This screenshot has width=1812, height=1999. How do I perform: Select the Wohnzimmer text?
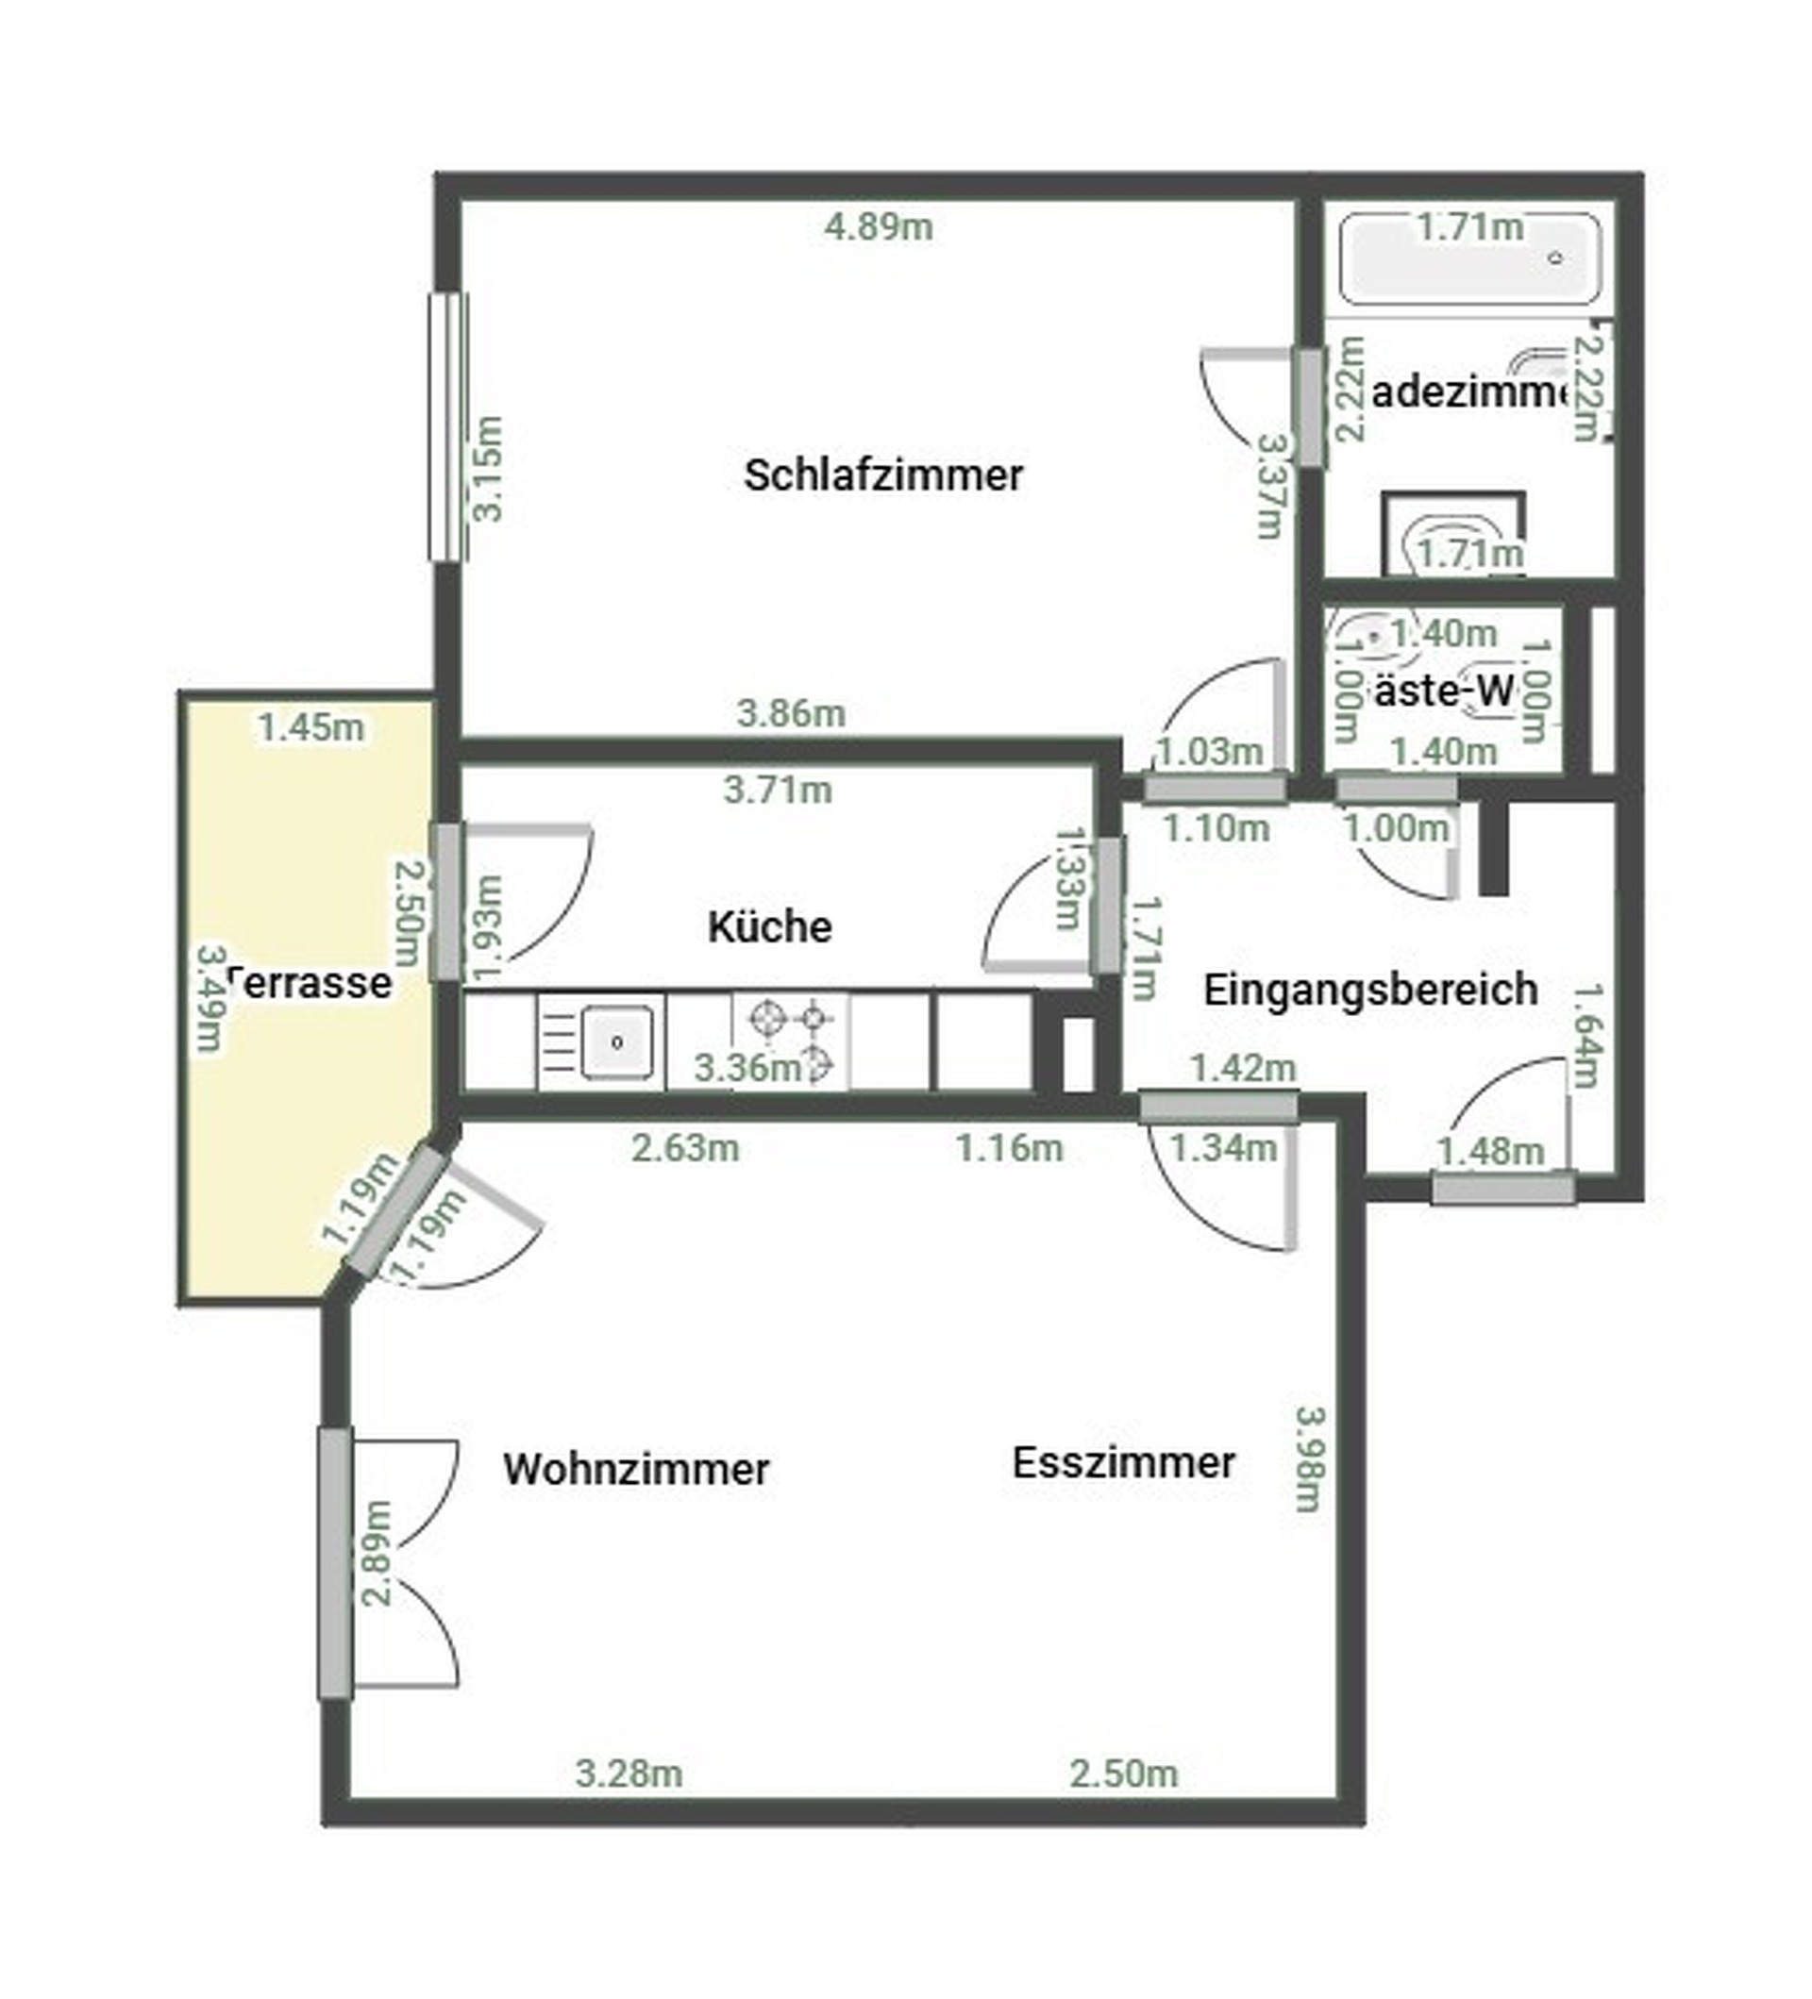tap(635, 1469)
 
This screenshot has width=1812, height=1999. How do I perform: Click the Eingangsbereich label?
tap(1369, 989)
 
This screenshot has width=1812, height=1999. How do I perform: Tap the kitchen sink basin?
tap(617, 1041)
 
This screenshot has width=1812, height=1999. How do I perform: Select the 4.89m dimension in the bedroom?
tap(878, 227)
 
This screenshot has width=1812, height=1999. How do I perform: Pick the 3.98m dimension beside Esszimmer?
tap(1310, 1458)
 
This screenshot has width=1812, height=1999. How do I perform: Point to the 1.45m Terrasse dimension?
tap(310, 728)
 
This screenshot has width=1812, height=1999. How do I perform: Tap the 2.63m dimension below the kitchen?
tap(685, 1148)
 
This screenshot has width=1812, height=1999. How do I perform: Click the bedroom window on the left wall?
tap(448, 426)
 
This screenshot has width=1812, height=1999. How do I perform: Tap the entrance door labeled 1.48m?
tap(1502, 1187)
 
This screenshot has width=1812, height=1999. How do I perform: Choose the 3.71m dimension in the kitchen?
tap(777, 791)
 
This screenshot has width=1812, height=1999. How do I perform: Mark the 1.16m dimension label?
tap(1009, 1148)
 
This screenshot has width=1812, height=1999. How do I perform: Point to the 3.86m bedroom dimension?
tap(791, 713)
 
